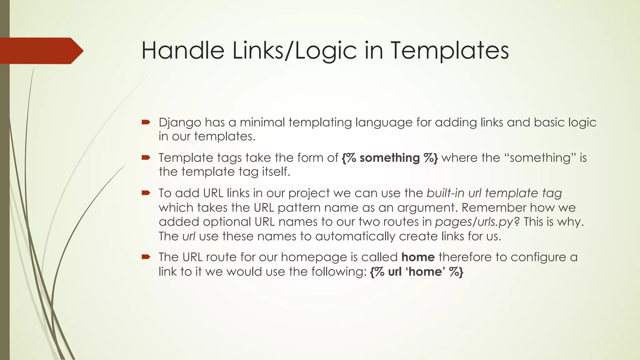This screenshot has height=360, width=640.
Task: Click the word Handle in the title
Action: coord(183,51)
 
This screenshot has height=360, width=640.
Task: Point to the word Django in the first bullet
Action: coord(180,122)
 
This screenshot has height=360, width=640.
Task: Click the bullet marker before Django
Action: coord(146,122)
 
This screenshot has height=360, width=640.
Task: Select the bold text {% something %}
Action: coord(390,158)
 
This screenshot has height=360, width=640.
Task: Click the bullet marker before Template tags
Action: coord(146,157)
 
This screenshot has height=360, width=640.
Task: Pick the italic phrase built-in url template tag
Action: coord(494,193)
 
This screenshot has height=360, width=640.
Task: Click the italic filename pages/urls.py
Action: coord(474,222)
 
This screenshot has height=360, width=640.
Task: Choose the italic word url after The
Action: coord(189,237)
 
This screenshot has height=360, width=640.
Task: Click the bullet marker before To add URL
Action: coord(146,193)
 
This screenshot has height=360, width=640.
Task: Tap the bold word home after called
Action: coord(418,257)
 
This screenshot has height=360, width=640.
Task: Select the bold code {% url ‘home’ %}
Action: coord(416,272)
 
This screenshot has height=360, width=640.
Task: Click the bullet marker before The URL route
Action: coord(146,257)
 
